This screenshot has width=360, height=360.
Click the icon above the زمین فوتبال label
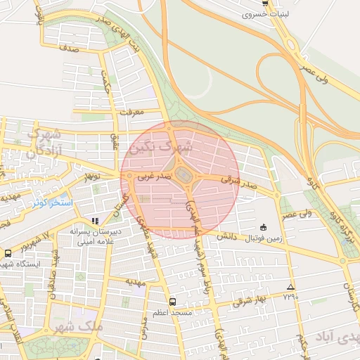pos(263,227)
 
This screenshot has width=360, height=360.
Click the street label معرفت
pos(131,112)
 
